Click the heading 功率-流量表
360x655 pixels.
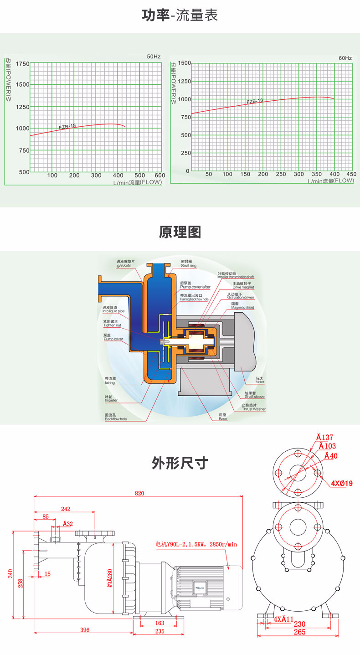pos(180,15)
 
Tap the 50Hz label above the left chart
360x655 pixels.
pos(154,57)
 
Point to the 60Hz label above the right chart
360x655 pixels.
pos(345,58)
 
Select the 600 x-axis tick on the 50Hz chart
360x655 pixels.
pos(159,176)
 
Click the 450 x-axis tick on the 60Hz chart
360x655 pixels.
pos(351,174)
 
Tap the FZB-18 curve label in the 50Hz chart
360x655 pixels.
pos(67,127)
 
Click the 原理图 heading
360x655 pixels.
pos(180,232)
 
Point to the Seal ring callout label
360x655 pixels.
pos(189,265)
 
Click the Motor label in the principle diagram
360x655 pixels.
pos(260,381)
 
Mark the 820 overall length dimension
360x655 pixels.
pos(139,493)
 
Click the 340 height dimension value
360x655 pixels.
pos(10,573)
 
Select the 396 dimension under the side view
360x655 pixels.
pos(85,630)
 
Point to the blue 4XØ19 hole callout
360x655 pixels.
pos(342,483)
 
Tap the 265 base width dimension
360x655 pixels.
pos(299,632)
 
